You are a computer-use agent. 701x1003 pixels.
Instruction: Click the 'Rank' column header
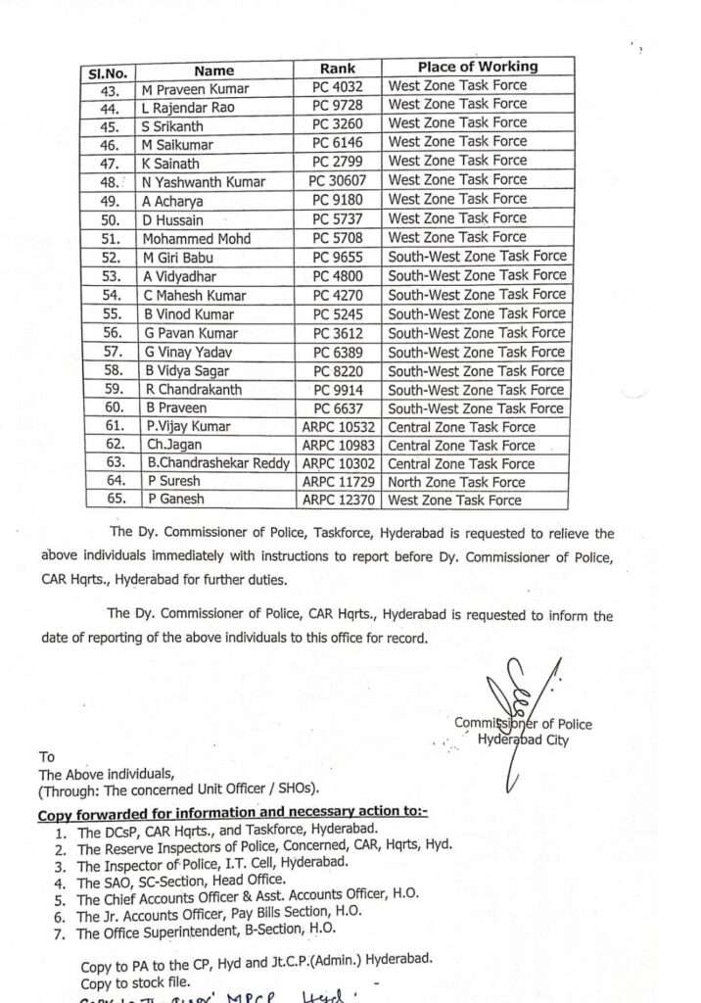coord(338,70)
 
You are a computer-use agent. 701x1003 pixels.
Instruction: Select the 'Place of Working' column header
coord(477,67)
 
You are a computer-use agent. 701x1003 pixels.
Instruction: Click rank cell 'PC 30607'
coord(338,181)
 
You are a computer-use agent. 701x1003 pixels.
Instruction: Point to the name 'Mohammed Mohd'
coord(197,239)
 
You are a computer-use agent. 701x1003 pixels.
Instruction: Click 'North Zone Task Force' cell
coord(457,482)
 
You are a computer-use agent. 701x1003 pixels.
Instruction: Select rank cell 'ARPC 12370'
coord(338,501)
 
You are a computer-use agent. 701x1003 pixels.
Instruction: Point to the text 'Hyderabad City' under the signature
coord(522,740)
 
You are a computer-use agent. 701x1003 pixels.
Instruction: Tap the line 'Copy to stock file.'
coord(136,982)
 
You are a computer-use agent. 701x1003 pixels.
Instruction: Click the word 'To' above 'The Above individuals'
coord(46,757)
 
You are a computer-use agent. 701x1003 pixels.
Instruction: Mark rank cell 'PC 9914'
coord(338,391)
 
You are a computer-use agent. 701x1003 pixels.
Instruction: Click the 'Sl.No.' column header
coord(108,72)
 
